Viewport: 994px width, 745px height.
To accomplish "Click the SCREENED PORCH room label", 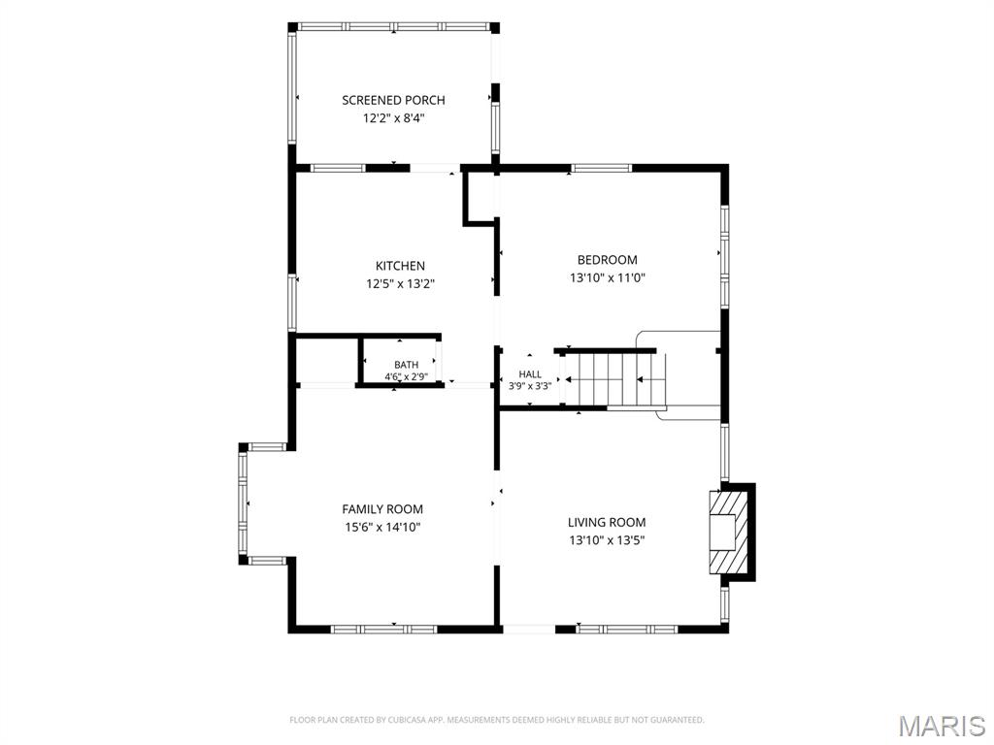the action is coord(393,100).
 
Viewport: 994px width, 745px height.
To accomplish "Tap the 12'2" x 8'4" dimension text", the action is coord(393,117).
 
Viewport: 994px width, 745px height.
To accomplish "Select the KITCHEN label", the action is coord(400,266).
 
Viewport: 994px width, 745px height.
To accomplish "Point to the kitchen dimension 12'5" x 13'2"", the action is coord(400,284).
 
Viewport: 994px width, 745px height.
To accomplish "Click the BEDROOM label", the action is coord(608,260).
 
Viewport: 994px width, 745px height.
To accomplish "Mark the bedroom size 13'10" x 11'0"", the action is coord(608,277).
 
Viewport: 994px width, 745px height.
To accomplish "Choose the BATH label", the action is coord(407,365).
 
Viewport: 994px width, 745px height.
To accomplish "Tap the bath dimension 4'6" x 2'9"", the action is coord(407,377).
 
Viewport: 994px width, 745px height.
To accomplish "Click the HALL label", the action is coord(530,374).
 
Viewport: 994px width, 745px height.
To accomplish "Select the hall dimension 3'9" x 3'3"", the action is coord(530,385).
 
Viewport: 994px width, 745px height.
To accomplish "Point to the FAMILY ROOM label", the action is coord(382,509).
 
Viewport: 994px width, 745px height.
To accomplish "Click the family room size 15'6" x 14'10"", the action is coord(382,527).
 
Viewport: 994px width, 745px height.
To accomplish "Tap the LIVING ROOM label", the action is coord(607,523).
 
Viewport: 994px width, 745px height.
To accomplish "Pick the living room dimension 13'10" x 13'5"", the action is coord(607,540).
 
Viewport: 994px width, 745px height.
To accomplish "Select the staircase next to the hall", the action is coord(614,379).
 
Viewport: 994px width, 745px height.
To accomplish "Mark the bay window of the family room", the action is coord(243,503).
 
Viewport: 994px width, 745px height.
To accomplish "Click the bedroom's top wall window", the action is coord(601,169).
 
